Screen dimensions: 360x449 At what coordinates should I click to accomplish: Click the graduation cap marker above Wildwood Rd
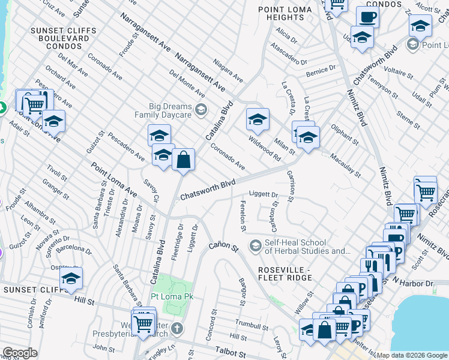[x=257, y=119]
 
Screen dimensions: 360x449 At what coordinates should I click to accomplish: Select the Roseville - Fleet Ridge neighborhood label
[x=285, y=273]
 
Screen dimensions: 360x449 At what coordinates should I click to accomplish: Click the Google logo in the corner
[x=20, y=353]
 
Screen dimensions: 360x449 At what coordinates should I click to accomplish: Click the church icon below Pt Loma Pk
[x=176, y=329]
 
